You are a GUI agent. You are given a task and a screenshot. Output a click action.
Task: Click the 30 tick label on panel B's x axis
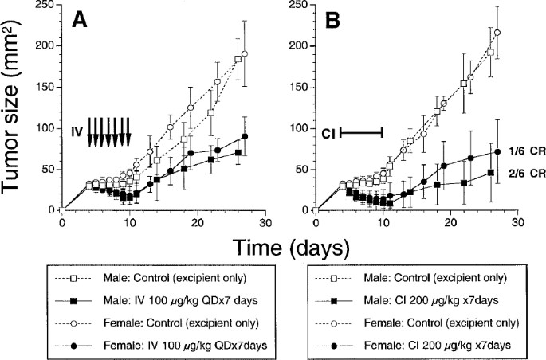tap(518, 223)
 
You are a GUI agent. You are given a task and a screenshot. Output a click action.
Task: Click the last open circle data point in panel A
tap(245, 54)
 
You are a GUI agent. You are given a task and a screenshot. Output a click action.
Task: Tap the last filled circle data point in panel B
tap(498, 151)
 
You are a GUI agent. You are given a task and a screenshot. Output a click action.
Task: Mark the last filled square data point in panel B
tap(491, 172)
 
